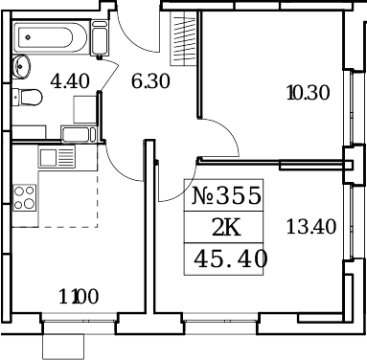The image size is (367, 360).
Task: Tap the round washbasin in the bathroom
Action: [x=21, y=66]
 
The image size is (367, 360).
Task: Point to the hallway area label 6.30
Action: [x=150, y=81]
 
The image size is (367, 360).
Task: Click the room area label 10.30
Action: [x=307, y=93]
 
